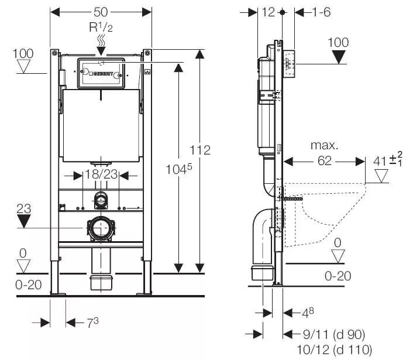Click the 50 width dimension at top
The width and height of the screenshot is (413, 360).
[101, 12]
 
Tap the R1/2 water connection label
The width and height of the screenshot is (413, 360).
[101, 27]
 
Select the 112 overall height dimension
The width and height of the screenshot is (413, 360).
[200, 150]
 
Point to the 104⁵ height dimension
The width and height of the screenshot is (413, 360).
[179, 169]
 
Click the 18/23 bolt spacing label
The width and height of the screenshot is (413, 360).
[101, 174]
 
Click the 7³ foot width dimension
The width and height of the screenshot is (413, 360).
[92, 323]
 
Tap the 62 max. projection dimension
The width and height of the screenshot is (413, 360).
[325, 161]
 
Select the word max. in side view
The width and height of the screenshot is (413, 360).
[324, 146]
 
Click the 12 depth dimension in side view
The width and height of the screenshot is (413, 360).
[269, 12]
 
